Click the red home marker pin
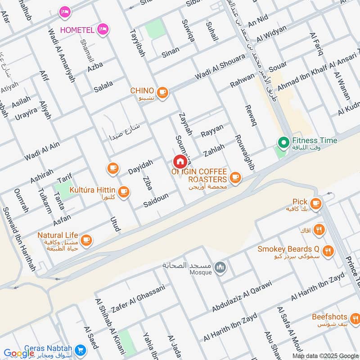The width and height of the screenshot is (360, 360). (x=180, y=161)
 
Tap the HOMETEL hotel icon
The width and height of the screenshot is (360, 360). (x=103, y=29)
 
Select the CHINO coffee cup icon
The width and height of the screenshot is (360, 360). (x=162, y=92)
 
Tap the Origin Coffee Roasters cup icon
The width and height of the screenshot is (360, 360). (x=234, y=179)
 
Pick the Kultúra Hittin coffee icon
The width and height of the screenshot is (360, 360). (x=124, y=193)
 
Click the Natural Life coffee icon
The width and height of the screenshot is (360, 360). (x=86, y=240)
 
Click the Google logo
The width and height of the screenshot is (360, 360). (x=19, y=353)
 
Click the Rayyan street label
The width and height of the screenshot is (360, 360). (x=212, y=130)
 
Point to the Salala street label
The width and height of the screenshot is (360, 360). (x=104, y=86)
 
